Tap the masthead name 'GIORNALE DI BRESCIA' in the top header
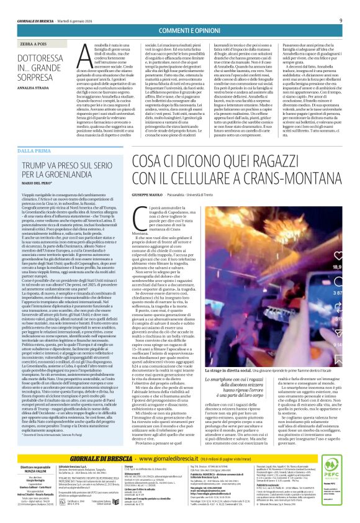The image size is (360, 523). point(31,6)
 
